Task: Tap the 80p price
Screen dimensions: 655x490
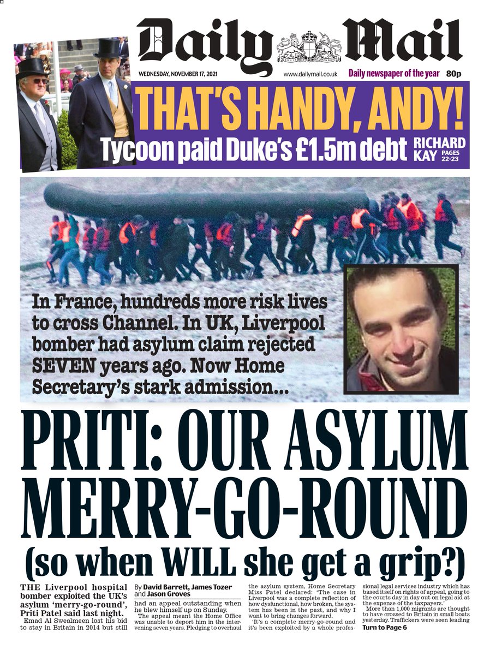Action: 453,74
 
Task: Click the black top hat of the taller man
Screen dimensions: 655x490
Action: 107,48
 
